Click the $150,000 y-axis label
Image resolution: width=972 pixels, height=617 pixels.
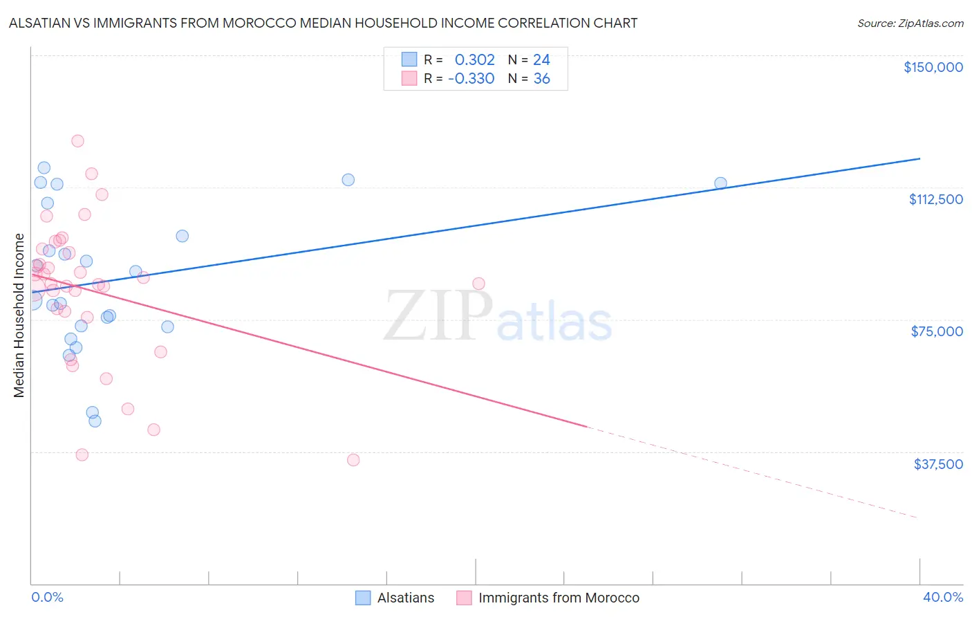[933, 67]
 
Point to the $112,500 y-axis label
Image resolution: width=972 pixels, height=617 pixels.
[935, 199]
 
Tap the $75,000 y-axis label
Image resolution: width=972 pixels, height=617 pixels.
[937, 331]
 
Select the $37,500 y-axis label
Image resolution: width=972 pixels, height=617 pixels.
[938, 464]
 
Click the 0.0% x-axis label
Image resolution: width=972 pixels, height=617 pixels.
[47, 597]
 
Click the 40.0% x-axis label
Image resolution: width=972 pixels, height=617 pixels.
[942, 597]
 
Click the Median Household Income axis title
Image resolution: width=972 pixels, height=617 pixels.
[19, 315]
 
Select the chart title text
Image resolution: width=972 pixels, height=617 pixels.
[323, 23]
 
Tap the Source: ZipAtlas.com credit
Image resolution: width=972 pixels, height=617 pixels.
[910, 23]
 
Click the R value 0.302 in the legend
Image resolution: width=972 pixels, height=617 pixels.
[474, 60]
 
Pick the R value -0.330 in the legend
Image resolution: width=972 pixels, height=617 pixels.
[471, 79]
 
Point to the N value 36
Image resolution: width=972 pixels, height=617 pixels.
[541, 79]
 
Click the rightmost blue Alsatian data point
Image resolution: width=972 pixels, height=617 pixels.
[720, 183]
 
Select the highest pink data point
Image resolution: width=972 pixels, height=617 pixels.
[77, 140]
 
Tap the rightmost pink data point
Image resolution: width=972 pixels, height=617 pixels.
[478, 284]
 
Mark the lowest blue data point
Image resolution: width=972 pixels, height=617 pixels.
[95, 421]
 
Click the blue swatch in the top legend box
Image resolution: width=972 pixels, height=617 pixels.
[409, 59]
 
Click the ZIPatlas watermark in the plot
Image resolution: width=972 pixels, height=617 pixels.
[498, 317]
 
